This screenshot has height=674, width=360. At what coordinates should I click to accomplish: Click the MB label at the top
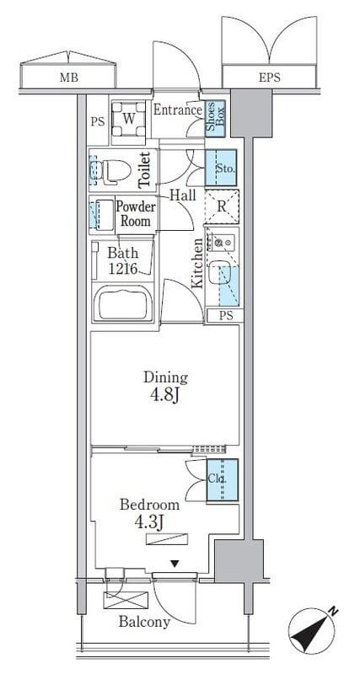coord(68,78)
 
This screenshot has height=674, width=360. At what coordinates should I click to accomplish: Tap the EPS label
coord(270,78)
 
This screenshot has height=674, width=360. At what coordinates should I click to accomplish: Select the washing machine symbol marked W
coord(129,119)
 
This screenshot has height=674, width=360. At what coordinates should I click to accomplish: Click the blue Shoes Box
coord(215,119)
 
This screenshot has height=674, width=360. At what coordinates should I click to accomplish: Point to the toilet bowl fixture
coord(114,170)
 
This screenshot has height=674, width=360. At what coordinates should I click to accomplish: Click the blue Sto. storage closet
coord(221,168)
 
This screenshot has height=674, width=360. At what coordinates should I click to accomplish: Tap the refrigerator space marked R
coord(221,206)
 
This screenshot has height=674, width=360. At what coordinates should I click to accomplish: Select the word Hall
coord(182,195)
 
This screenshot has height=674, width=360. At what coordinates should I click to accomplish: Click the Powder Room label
coord(136,214)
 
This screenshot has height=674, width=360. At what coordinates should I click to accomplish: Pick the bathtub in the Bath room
coord(123,304)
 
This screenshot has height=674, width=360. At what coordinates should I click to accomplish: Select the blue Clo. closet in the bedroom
coord(223,480)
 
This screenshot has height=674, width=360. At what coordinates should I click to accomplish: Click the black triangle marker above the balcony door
coord(175,564)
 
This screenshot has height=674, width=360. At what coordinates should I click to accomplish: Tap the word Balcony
coord(144,622)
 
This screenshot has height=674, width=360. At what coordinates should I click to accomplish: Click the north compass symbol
coord(312,629)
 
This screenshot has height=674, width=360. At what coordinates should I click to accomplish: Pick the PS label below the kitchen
coord(226,315)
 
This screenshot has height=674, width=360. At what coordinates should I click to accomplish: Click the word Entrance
coord(178,110)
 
